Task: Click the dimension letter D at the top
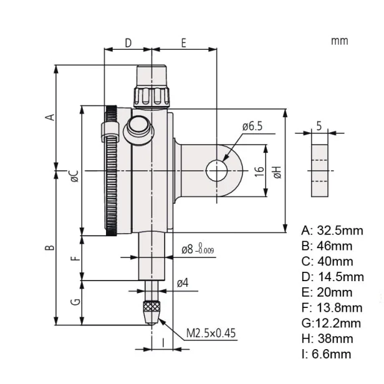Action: (128, 42)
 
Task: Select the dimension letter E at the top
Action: (184, 42)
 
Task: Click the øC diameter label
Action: (74, 176)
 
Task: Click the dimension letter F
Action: (75, 257)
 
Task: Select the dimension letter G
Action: (75, 302)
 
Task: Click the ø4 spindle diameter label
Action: (183, 283)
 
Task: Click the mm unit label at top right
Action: (339, 41)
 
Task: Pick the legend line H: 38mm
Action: (327, 338)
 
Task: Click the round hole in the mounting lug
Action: (216, 170)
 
